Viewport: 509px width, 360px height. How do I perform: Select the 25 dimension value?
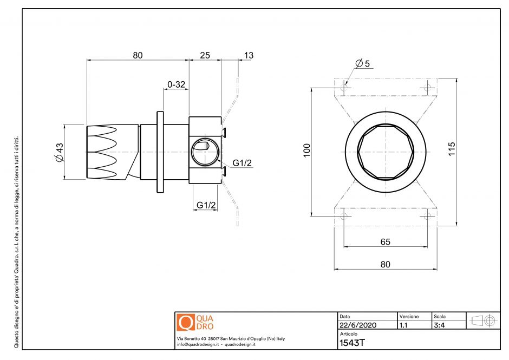pos(205,55)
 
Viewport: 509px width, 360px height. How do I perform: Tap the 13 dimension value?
pos(249,55)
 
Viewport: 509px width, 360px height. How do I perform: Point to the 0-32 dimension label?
pos(177,84)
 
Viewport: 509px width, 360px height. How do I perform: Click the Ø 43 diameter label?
pos(59,152)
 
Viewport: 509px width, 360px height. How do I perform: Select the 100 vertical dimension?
pos(307,150)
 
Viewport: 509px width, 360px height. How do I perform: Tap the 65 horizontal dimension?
pos(385,242)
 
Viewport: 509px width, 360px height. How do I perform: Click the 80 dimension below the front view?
pos(385,264)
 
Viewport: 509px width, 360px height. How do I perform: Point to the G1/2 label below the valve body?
pos(206,205)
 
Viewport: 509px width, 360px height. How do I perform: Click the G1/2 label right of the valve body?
pos(242,163)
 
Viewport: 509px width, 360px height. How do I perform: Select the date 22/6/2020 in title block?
pos(357,325)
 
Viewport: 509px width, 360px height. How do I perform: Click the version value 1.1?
pos(403,325)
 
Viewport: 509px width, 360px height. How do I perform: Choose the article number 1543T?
pos(351,342)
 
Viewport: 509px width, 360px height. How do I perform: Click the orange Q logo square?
pos(185,322)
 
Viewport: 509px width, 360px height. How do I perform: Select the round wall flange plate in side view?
pos(160,152)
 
